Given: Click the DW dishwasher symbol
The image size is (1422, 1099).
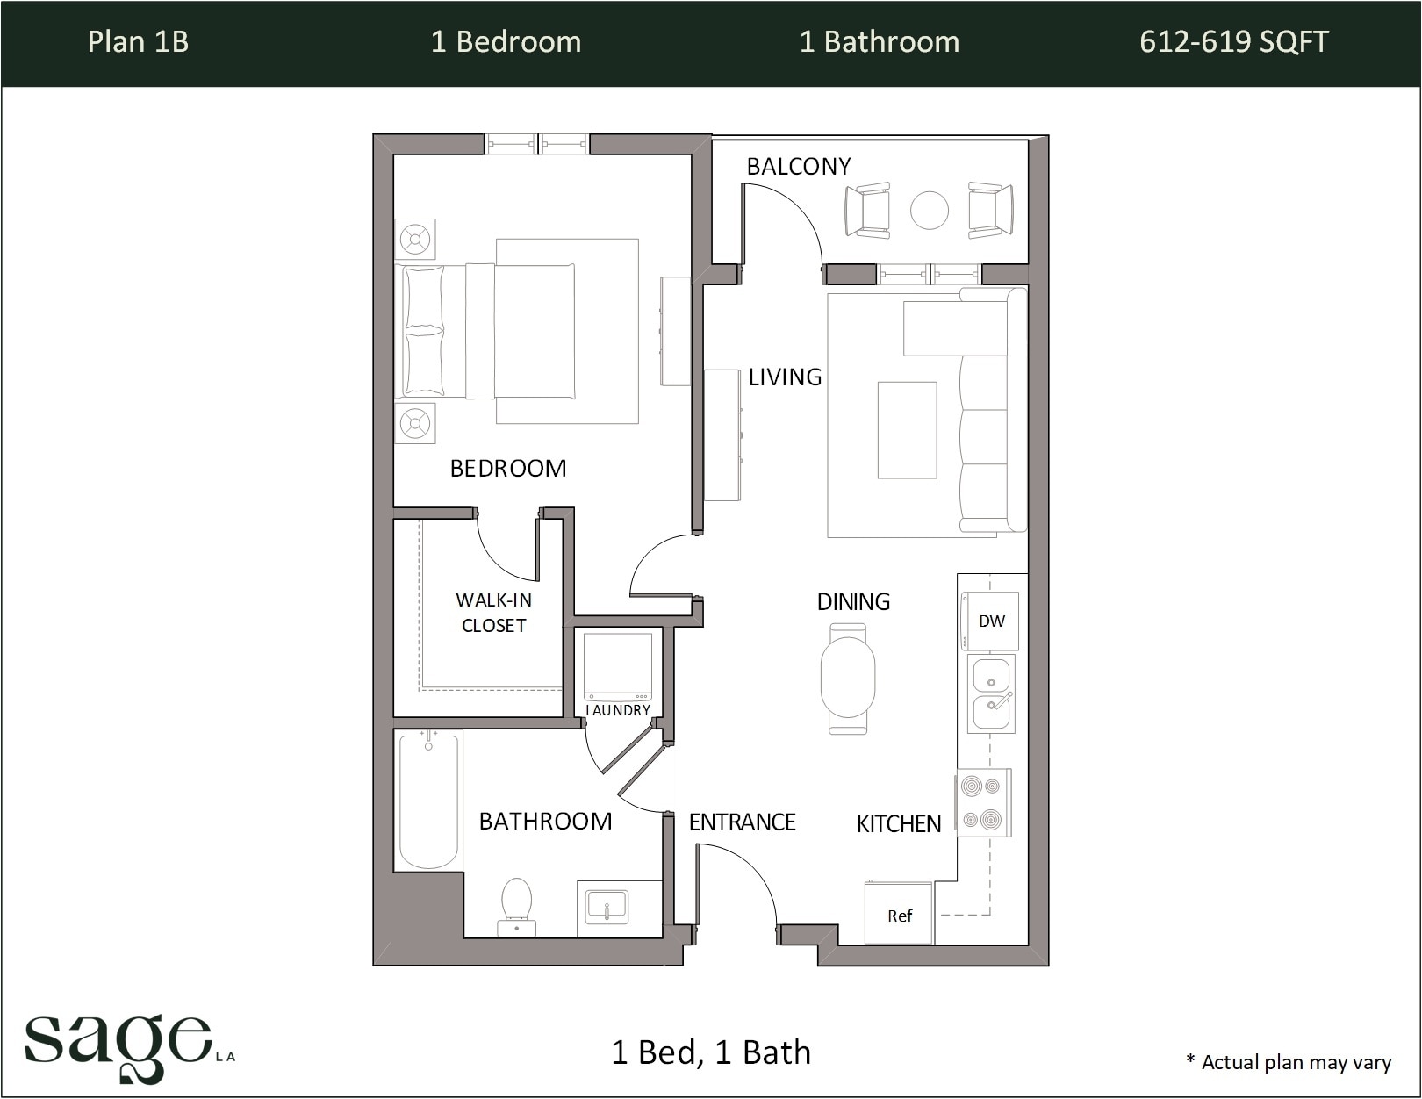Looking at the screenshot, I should (991, 621).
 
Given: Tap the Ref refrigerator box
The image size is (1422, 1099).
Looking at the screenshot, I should (898, 914).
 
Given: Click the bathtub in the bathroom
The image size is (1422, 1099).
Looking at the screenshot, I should (428, 800).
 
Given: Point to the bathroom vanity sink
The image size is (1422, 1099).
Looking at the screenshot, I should (607, 906).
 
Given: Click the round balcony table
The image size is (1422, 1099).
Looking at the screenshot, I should (929, 210).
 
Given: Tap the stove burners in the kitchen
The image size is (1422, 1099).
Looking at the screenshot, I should (981, 803).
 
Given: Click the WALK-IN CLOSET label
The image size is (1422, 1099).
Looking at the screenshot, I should (493, 613).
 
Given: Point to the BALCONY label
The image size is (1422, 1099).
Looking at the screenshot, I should (798, 167).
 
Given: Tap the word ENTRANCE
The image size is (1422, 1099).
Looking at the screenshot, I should (742, 822).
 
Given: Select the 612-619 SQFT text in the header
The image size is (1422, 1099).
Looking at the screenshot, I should (1233, 42).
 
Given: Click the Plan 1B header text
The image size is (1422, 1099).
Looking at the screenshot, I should (138, 42).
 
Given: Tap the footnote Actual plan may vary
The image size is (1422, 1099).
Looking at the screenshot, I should (1289, 1062).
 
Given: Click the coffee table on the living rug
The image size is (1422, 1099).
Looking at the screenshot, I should (907, 430).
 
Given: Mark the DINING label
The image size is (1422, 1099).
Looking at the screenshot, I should (853, 602).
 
